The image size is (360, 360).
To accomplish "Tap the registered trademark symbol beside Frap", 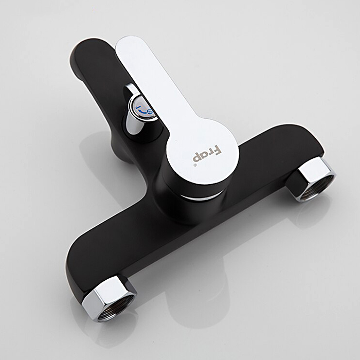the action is click(195, 165).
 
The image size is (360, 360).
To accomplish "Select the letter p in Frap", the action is click(197, 158).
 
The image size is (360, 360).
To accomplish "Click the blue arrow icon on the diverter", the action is click(145, 110).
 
